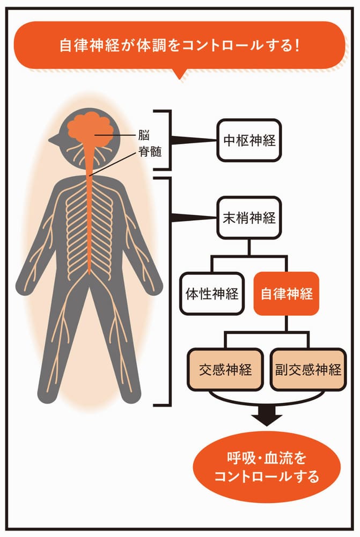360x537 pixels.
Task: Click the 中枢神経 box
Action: coord(249,140)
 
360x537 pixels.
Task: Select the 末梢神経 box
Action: coord(249,218)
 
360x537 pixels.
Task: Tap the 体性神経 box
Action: coord(211,294)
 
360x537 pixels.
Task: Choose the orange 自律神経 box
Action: coord(286,294)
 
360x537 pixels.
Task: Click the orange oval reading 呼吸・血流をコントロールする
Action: coord(267,467)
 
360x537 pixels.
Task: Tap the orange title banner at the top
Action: coord(180,45)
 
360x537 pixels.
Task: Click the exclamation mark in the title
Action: coord(296,45)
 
